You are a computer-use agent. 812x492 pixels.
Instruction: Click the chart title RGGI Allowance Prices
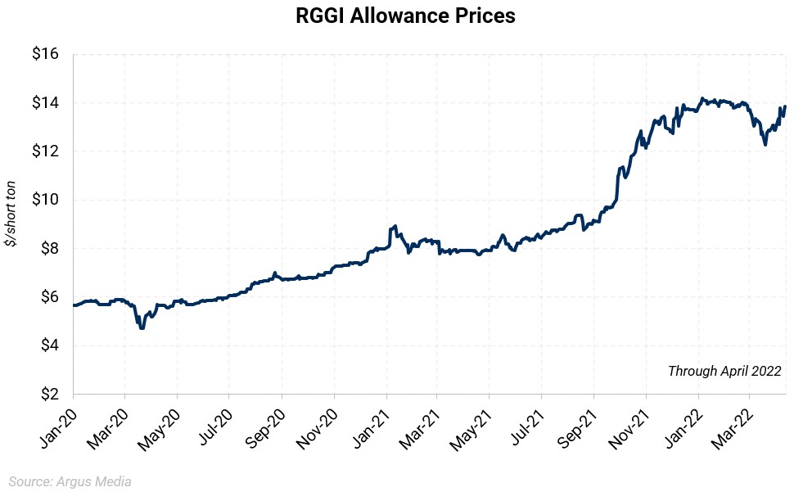click(x=406, y=16)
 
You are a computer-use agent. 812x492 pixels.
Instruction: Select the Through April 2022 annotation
click(x=724, y=371)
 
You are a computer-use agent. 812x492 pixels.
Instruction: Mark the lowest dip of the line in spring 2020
click(x=142, y=327)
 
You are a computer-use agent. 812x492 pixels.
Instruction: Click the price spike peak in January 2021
click(x=395, y=226)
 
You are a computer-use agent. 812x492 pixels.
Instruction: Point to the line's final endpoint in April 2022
click(x=785, y=106)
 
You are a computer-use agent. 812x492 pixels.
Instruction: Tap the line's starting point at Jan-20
click(x=74, y=305)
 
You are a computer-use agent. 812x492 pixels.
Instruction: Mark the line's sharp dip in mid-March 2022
click(x=765, y=144)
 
